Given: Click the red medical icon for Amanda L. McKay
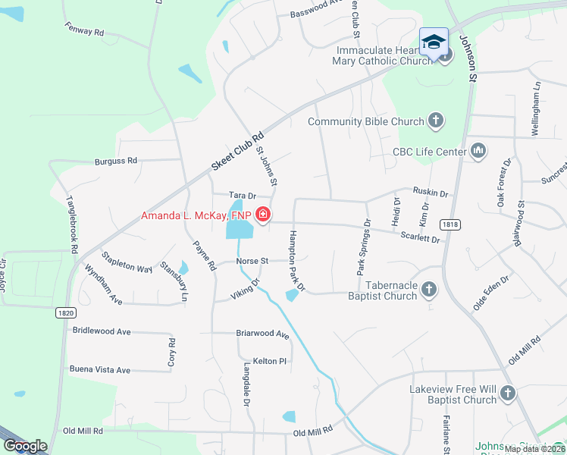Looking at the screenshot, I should (262, 216).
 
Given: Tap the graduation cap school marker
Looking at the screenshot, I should (434, 42).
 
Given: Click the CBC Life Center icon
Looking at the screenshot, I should (478, 152).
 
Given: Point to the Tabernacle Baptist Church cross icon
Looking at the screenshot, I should (429, 290).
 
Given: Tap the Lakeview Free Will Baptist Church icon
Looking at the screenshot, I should (507, 394).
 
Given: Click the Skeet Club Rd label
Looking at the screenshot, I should (237, 149).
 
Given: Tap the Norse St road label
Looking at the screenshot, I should (252, 261).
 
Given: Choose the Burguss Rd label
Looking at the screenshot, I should (116, 161).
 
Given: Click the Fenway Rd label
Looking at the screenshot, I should (84, 32).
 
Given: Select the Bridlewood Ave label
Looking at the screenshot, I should (102, 331).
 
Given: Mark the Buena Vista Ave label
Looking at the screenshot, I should (100, 370).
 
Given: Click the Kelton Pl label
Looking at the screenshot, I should (270, 362).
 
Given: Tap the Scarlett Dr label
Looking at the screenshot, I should (421, 238).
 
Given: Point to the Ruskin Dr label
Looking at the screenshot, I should (431, 193).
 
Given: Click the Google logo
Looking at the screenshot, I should (25, 447).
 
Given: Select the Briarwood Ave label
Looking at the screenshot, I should (263, 334).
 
